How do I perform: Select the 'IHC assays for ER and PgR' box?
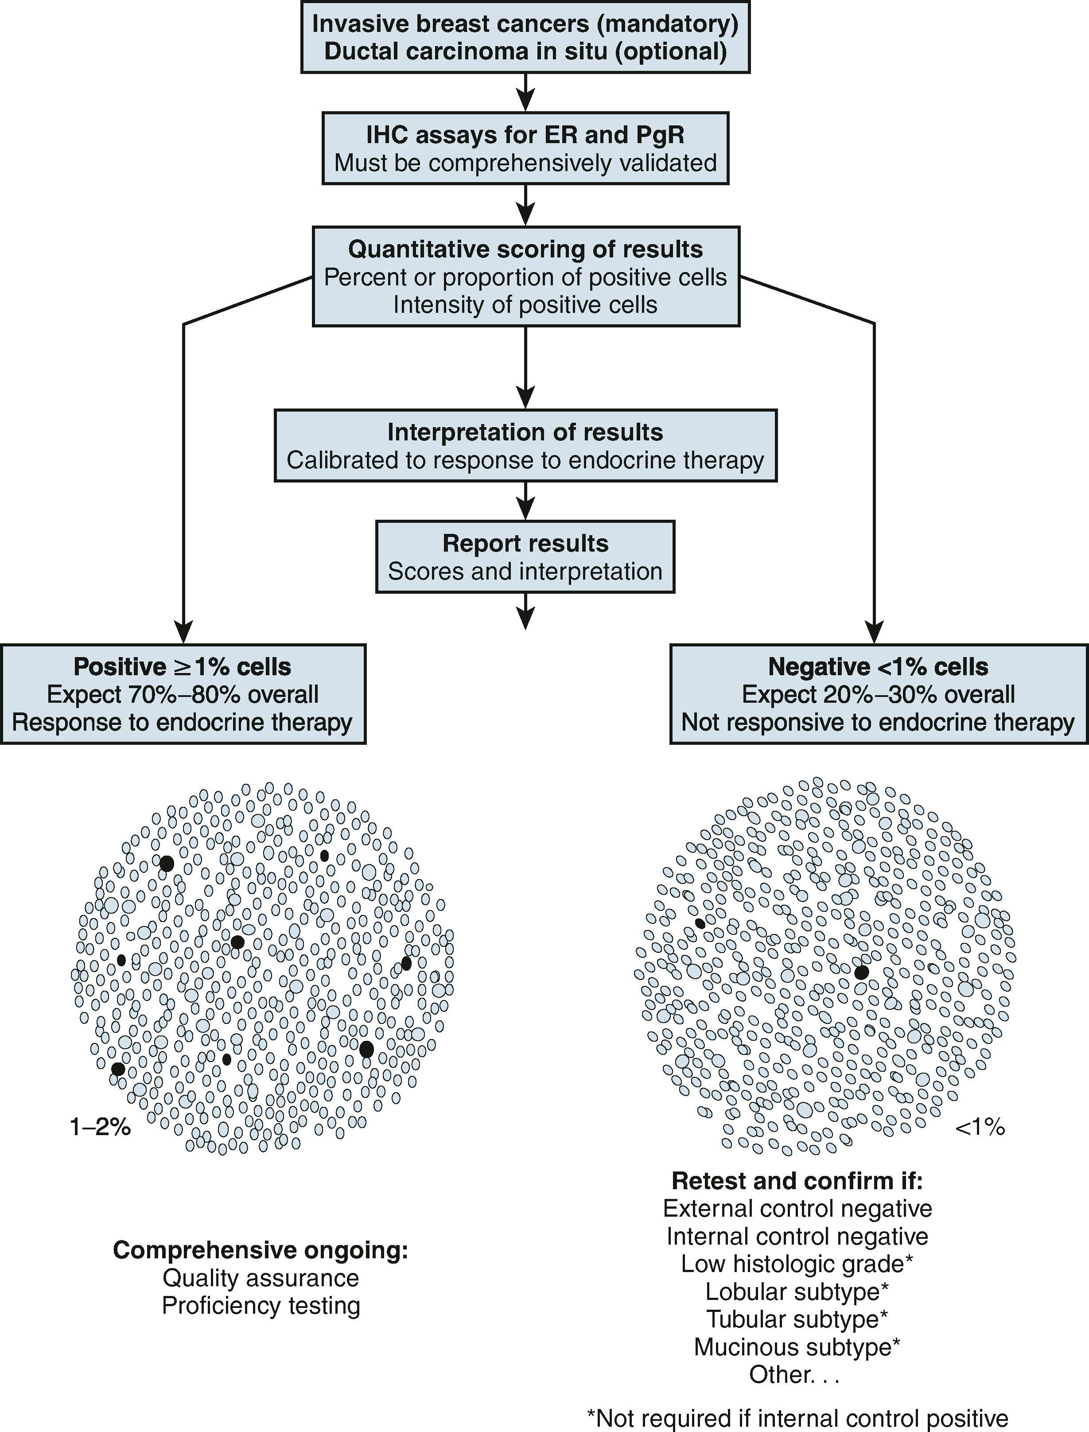(525, 148)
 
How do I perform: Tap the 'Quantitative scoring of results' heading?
(525, 249)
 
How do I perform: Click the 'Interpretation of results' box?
(525, 445)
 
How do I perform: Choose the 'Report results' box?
(525, 556)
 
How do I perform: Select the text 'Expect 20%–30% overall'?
(878, 694)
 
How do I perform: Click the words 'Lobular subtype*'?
(797, 1292)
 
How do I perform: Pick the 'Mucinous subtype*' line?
(797, 1347)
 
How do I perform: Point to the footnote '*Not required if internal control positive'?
(797, 1418)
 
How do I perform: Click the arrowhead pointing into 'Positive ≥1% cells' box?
(184, 633)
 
